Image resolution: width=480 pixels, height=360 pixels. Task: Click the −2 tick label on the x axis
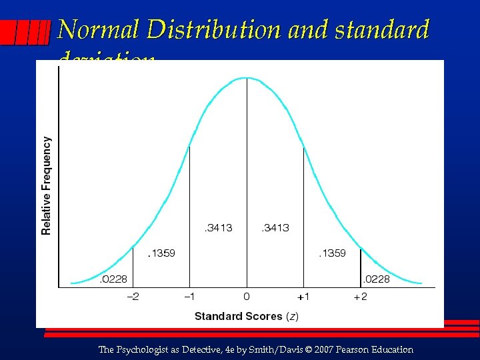click(133, 297)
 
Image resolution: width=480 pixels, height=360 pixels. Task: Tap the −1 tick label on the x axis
click(189, 297)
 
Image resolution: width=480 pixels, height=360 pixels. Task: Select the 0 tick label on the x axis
click(247, 297)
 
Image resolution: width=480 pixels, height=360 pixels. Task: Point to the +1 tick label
click(303, 297)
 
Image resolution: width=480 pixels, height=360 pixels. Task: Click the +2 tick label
click(360, 297)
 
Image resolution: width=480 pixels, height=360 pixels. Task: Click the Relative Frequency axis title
click(47, 186)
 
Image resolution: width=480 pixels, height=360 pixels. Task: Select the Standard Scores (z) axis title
click(247, 316)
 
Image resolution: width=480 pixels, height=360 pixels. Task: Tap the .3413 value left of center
click(218, 228)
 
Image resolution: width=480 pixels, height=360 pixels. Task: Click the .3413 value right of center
click(275, 228)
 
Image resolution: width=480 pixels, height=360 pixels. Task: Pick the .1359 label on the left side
click(161, 253)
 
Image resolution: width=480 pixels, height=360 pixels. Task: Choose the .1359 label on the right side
click(331, 253)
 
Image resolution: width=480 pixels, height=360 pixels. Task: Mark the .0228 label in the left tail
click(113, 279)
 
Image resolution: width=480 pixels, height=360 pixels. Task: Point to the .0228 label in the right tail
click(376, 279)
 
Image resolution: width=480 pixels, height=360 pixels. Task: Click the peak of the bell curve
click(247, 78)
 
